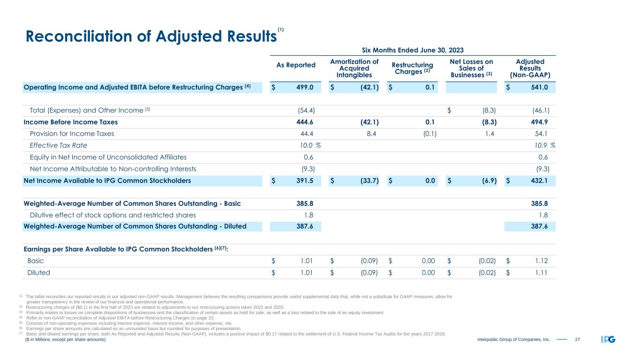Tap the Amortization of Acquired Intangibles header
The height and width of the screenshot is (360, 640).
354,68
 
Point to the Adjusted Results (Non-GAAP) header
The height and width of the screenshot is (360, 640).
529,68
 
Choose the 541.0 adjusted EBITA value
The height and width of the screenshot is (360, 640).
540,87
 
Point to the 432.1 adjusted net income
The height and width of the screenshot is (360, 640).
540,180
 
